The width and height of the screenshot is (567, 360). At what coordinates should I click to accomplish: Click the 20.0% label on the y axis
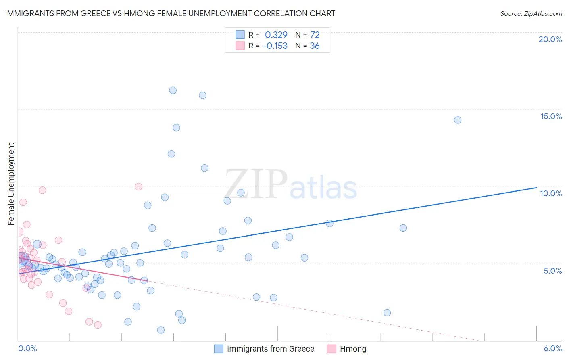[x=550, y=39]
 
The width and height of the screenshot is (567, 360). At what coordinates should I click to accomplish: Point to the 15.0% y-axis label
[x=551, y=116]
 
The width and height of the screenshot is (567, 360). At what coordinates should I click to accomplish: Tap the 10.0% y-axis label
[x=551, y=193]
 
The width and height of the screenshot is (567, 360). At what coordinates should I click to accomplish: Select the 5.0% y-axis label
[x=552, y=271]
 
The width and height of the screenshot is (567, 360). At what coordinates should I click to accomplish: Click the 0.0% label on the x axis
[x=27, y=348]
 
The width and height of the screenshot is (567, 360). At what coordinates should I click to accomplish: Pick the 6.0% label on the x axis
[x=552, y=348]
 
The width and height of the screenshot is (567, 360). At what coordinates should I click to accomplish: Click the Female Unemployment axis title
[x=11, y=184]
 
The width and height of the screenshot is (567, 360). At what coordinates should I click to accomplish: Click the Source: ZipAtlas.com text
[x=531, y=13]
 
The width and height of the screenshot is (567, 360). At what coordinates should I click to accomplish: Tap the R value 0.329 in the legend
[x=276, y=35]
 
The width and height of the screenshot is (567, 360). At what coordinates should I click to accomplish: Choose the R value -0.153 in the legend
[x=275, y=46]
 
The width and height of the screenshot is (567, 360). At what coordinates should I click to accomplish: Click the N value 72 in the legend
[x=315, y=35]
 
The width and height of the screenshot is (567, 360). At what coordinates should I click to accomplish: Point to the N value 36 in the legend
[x=315, y=46]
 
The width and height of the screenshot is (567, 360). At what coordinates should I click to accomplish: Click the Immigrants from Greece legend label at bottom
[x=270, y=349]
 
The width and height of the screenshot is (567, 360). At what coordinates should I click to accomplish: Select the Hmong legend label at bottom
[x=353, y=349]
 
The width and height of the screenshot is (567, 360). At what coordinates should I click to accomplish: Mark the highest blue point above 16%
[x=173, y=90]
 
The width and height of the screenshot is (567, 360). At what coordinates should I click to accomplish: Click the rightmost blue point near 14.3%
[x=457, y=120]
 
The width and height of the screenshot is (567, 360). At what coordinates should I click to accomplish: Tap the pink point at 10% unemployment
[x=138, y=186]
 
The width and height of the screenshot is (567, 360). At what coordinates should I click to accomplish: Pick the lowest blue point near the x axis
[x=161, y=330]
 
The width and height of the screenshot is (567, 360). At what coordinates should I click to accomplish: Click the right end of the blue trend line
[x=536, y=188]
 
